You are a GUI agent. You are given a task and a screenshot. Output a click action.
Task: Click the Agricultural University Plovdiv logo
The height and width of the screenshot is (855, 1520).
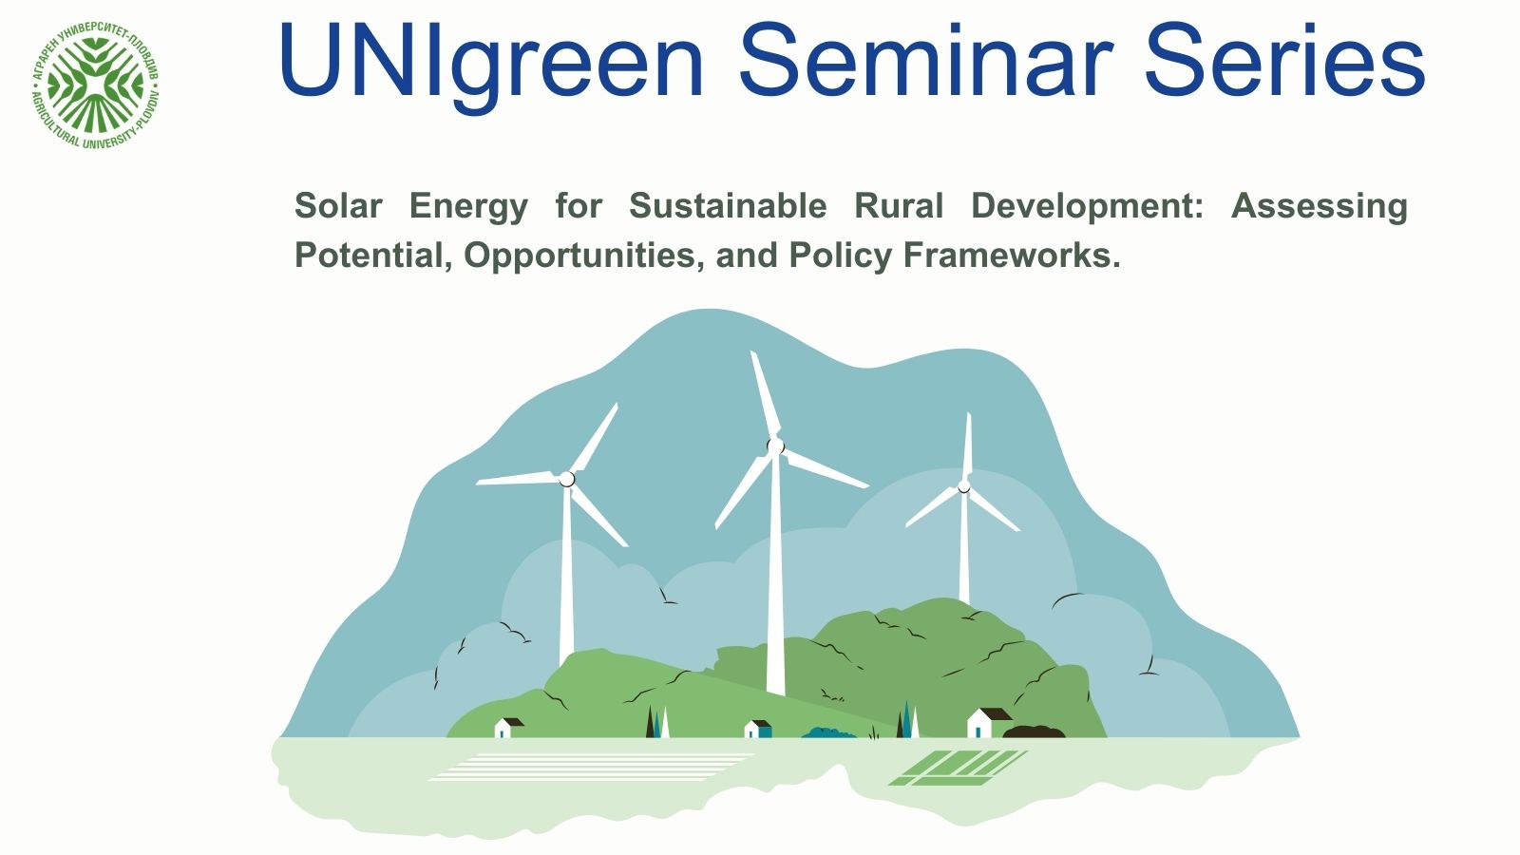click(x=96, y=85)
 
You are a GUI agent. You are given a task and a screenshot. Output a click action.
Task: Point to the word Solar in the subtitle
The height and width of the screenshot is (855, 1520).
click(x=338, y=205)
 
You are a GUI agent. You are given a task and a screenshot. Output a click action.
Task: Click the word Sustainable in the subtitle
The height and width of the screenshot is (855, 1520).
click(x=728, y=205)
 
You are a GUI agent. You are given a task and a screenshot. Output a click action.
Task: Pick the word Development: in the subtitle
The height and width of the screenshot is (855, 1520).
click(x=1087, y=207)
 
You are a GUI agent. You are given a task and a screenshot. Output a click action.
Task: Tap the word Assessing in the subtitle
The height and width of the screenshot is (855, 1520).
click(x=1320, y=207)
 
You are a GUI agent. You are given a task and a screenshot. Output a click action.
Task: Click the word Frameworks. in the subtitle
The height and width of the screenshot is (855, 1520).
click(x=1012, y=256)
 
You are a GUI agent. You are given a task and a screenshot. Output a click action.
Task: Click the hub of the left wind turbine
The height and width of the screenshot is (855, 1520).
click(x=566, y=479)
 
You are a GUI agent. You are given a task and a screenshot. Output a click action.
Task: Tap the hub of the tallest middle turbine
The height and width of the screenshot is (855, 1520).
click(x=775, y=446)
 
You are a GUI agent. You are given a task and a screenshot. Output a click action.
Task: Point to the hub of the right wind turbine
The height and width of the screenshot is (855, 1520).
click(x=963, y=485)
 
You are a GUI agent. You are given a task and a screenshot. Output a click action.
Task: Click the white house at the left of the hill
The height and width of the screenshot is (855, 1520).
click(x=508, y=728)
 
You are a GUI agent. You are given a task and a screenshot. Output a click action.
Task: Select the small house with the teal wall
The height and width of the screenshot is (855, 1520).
click(x=757, y=729)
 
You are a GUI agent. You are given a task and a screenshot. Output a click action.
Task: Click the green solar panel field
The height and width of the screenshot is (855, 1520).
click(x=959, y=768)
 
